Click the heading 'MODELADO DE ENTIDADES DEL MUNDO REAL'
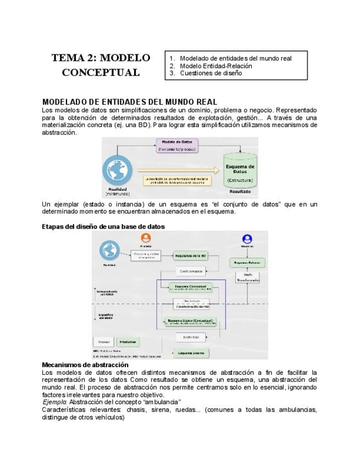(129, 102)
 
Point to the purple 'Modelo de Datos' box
(176, 145)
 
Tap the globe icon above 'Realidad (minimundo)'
(118, 171)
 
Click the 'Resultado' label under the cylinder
(240, 192)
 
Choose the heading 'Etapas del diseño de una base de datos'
(103, 226)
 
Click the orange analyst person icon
(146, 238)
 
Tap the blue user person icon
(247, 239)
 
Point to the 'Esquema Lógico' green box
(190, 321)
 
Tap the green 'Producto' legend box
(128, 342)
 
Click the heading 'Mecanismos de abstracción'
(85, 365)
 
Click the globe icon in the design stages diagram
(109, 251)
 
